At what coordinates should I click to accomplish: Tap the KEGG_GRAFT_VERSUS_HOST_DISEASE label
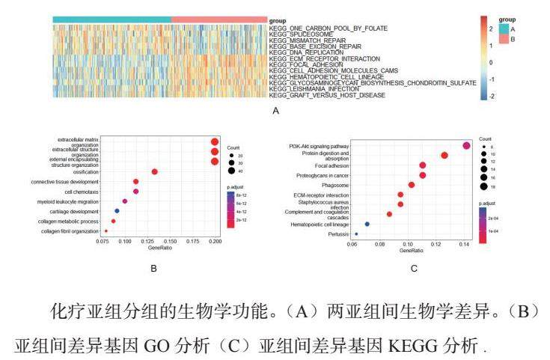click(x=328, y=96)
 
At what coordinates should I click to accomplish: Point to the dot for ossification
click(x=155, y=171)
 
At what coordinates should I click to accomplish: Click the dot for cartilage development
click(x=117, y=211)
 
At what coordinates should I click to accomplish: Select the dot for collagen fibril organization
click(x=106, y=231)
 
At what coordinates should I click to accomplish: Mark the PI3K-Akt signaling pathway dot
click(x=466, y=146)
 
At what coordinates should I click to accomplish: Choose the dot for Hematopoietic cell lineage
click(x=367, y=224)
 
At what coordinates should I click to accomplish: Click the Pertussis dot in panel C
click(x=356, y=234)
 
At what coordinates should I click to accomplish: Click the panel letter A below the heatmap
click(x=276, y=112)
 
